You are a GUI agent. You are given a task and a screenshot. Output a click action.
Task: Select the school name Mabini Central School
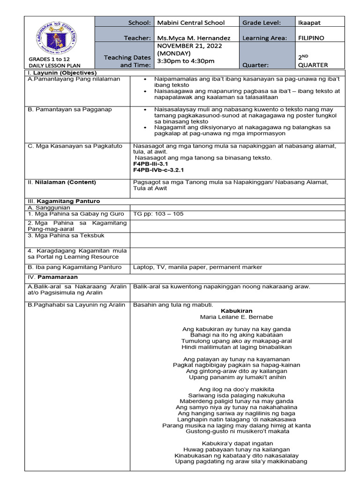click(191, 22)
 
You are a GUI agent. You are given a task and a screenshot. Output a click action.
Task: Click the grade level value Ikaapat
click(310, 22)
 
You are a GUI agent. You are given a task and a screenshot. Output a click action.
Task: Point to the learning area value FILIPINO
click(311, 38)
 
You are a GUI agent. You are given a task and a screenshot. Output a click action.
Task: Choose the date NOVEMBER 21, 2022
click(189, 46)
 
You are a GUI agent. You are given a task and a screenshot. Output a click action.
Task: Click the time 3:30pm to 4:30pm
click(186, 61)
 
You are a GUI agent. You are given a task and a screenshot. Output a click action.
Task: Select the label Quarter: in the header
click(255, 65)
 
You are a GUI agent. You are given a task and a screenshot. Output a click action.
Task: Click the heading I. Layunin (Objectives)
click(62, 73)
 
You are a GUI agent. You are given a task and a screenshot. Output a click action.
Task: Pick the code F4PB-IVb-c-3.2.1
click(158, 170)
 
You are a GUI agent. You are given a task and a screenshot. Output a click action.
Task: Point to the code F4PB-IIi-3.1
click(152, 164)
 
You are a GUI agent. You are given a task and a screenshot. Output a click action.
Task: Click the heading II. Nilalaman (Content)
click(61, 182)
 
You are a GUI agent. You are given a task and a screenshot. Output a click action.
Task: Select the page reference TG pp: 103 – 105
click(158, 214)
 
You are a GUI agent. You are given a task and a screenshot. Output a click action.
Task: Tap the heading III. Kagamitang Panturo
click(64, 201)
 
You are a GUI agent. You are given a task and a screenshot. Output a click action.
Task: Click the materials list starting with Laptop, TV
click(197, 267)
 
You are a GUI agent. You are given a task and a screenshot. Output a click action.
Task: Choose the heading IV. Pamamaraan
click(52, 277)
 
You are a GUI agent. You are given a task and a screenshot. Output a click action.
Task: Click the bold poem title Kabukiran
click(236, 311)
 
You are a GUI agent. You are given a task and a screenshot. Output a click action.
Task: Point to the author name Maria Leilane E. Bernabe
click(236, 317)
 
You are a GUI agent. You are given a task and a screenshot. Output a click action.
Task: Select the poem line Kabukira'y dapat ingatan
click(237, 443)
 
